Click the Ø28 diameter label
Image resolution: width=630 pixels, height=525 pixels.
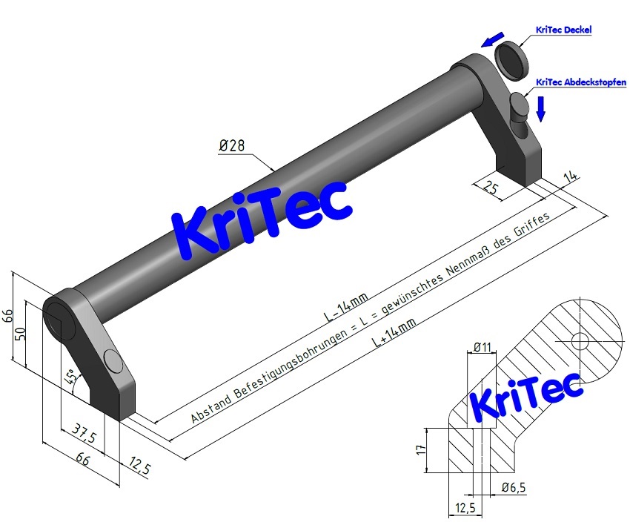tap(232, 146)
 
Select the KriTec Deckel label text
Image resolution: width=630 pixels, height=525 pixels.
tap(564, 30)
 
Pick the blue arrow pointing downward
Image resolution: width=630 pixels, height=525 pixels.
tap(541, 108)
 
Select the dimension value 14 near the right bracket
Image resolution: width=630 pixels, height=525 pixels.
tap(571, 176)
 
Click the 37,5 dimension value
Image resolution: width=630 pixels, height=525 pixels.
tap(83, 429)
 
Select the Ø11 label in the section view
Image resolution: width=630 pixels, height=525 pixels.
tap(483, 346)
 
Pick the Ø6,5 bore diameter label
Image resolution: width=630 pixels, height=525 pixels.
tap(513, 487)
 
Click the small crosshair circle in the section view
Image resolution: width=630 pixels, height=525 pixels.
tap(580, 341)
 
